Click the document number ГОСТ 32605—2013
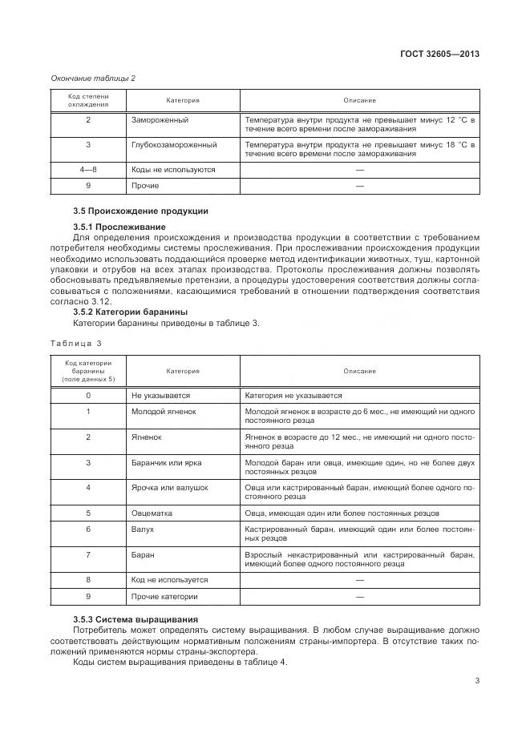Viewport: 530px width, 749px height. [439, 54]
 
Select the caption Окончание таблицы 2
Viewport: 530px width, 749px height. [93, 78]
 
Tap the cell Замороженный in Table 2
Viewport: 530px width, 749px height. [160, 119]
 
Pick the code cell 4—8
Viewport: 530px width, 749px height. [88, 170]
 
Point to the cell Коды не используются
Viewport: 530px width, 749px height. [173, 170]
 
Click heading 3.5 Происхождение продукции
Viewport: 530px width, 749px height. [140, 211]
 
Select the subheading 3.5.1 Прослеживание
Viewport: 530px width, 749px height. [119, 227]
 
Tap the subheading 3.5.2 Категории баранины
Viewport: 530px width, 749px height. [130, 312]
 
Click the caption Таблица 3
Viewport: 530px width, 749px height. [76, 343]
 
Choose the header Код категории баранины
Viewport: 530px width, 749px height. [88, 371]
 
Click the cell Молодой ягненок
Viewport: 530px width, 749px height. [164, 411]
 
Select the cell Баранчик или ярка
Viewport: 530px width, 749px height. [166, 462]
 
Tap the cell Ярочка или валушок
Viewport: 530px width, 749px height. [169, 487]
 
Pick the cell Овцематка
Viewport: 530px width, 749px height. [152, 513]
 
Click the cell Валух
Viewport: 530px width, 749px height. [142, 530]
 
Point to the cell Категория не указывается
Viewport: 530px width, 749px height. [293, 395]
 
